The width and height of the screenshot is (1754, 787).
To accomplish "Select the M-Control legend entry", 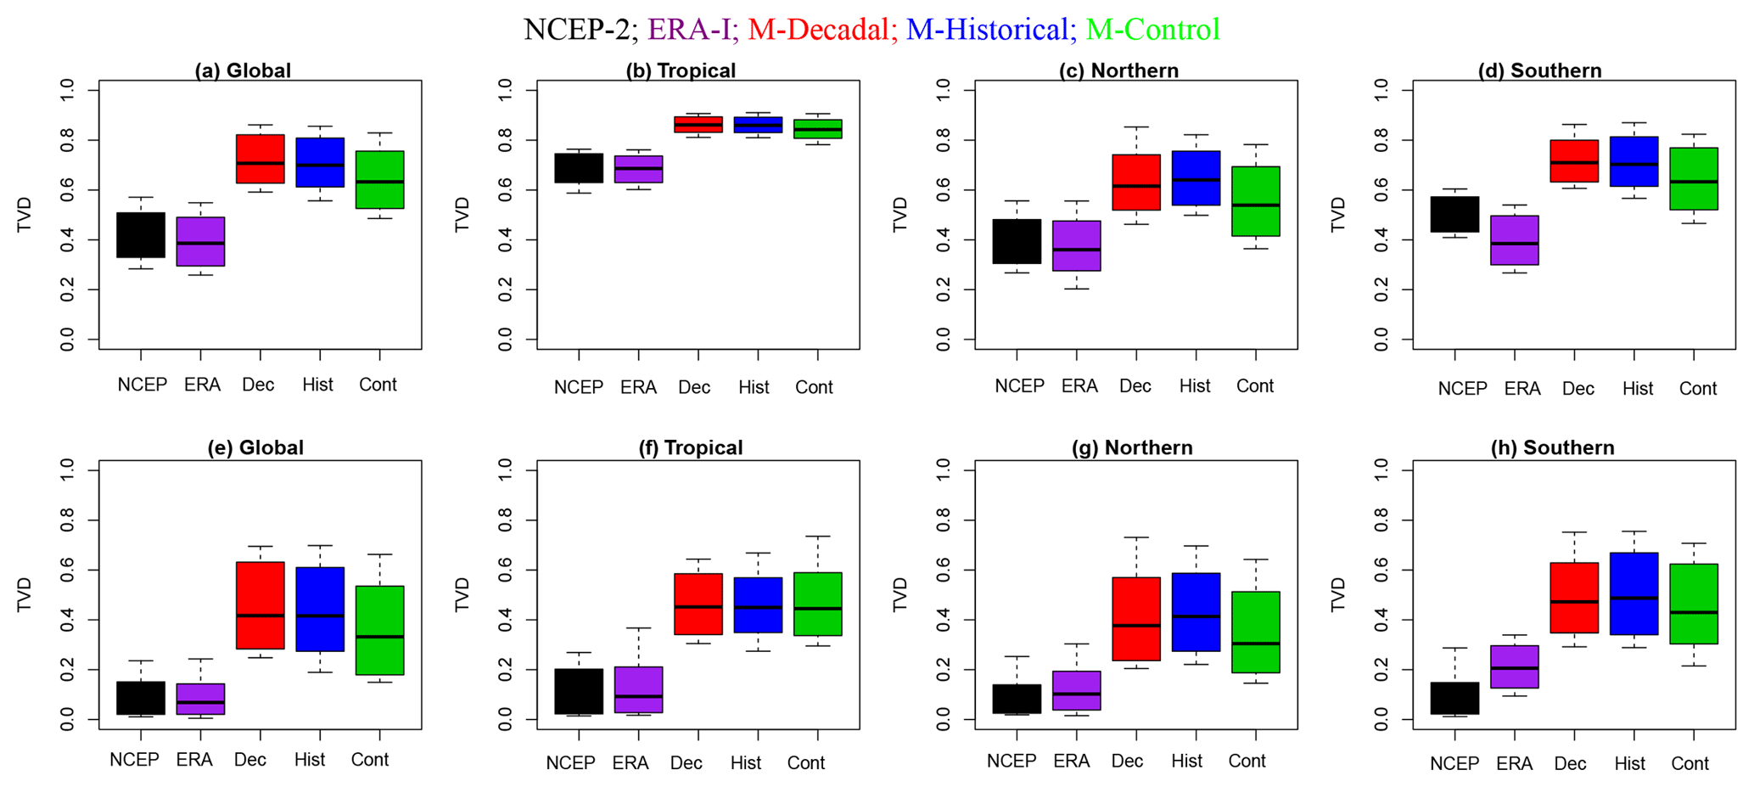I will click(1152, 30).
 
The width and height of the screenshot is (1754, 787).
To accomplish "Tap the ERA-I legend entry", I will click(689, 30).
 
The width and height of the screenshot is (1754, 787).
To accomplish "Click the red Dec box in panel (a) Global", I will click(260, 159).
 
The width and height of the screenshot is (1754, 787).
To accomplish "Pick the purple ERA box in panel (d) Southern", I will click(1515, 240).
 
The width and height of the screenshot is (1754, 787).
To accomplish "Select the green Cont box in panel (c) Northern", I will click(1255, 201).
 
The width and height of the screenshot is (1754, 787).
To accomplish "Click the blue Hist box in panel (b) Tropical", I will click(758, 125).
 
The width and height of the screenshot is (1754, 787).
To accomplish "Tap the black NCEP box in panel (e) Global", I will click(141, 698).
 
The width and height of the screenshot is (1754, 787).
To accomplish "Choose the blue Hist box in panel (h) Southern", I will click(1634, 593).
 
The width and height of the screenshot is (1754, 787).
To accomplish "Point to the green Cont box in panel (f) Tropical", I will click(817, 604).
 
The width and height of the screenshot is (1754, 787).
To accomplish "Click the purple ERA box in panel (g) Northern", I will click(1076, 690).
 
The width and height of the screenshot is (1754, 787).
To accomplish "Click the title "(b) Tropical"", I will click(681, 70).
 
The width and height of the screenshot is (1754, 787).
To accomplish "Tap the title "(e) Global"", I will click(255, 447).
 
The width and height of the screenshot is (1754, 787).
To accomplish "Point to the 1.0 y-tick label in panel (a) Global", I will click(67, 88).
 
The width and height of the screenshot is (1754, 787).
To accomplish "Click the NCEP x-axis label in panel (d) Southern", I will click(1462, 389).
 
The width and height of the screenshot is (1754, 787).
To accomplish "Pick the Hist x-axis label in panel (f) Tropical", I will click(746, 763).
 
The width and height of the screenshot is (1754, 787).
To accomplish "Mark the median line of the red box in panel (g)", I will click(1135, 626).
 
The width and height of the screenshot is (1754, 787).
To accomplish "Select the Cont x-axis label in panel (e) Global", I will click(370, 760).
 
